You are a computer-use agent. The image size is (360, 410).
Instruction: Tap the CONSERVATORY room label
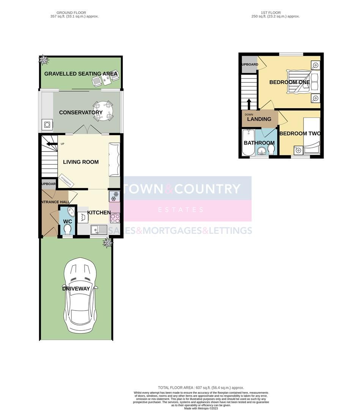click(x=81, y=112)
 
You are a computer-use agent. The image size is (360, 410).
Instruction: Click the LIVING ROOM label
click(x=81, y=162)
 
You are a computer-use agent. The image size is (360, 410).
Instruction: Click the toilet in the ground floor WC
click(x=68, y=229)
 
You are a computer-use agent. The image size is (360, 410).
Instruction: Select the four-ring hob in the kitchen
click(x=115, y=218)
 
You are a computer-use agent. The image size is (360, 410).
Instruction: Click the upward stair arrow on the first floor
click(x=249, y=104)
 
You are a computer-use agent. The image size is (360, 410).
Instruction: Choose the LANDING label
click(x=259, y=119)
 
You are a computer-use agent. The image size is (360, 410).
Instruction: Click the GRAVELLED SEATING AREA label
click(x=81, y=74)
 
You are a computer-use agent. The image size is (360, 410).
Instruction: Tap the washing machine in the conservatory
click(x=47, y=125)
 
